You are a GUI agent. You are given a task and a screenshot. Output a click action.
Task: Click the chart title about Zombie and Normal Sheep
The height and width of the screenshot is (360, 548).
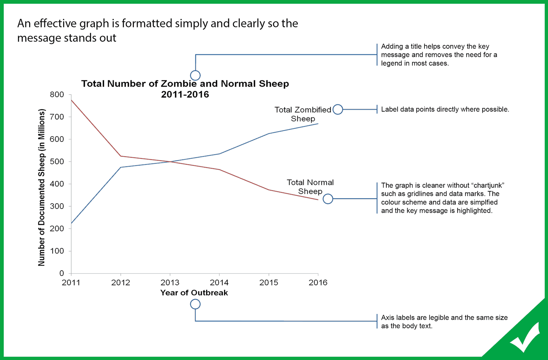185,89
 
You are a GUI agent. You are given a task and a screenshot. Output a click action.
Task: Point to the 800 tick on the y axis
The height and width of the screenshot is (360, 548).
57,95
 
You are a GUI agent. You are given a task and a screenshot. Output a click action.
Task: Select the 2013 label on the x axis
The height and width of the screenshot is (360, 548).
170,283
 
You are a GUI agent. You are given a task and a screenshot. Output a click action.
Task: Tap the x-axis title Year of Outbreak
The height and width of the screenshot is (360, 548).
194,293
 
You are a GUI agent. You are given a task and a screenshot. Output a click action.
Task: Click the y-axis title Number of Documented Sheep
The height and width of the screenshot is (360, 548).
42,187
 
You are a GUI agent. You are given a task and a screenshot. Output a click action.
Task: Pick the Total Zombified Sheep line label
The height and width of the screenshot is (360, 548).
303,114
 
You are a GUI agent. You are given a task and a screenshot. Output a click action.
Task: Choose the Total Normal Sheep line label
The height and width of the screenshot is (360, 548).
310,187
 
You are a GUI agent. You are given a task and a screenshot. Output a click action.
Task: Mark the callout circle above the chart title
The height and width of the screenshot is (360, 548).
195,76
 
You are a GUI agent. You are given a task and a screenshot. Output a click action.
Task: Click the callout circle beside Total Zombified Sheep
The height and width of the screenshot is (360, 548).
338,109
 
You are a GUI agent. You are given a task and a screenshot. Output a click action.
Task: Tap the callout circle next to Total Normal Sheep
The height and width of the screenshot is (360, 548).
328,199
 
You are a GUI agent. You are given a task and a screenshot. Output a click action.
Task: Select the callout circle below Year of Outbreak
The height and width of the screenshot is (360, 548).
195,304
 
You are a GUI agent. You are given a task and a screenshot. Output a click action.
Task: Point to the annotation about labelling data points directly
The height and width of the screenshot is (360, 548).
445,110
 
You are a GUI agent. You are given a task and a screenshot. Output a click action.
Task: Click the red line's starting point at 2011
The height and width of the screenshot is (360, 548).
71,100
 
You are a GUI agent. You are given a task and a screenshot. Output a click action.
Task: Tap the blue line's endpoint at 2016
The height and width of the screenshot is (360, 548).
318,124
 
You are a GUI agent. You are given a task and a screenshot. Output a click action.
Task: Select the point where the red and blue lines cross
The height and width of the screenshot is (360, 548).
170,161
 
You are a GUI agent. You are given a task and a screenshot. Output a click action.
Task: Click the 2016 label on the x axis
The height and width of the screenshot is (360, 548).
318,283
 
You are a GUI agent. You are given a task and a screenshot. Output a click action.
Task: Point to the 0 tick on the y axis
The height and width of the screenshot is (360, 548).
61,273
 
